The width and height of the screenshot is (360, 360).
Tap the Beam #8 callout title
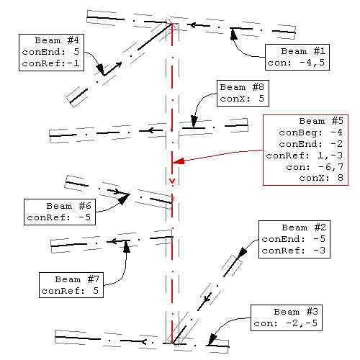pyautogui.click(x=242, y=87)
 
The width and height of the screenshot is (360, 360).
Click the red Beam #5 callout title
pyautogui.click(x=321, y=121)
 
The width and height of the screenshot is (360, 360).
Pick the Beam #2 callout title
pyautogui.click(x=304, y=228)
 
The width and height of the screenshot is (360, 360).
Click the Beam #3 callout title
pyautogui.click(x=296, y=312)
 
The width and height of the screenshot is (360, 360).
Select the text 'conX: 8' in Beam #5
pyautogui.click(x=321, y=178)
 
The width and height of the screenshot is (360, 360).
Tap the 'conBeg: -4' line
pyautogui.click(x=311, y=132)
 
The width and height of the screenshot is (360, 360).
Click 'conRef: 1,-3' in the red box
pyautogui.click(x=305, y=156)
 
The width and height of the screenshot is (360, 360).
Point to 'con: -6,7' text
pyautogui.click(x=315, y=167)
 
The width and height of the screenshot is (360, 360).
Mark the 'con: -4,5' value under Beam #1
pyautogui.click(x=296, y=63)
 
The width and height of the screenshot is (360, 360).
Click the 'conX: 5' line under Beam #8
pyautogui.click(x=242, y=99)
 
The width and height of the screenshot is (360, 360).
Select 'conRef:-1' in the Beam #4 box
pyautogui.click(x=50, y=63)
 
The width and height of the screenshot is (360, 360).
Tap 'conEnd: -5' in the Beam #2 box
pyautogui.click(x=294, y=239)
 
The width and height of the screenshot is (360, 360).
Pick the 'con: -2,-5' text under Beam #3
pyautogui.click(x=286, y=323)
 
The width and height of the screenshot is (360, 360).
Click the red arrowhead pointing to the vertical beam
pyautogui.click(x=179, y=161)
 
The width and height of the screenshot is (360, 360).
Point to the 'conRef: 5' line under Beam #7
pyautogui.click(x=70, y=291)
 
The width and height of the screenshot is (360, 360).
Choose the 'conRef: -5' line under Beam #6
pyautogui.click(x=59, y=217)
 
